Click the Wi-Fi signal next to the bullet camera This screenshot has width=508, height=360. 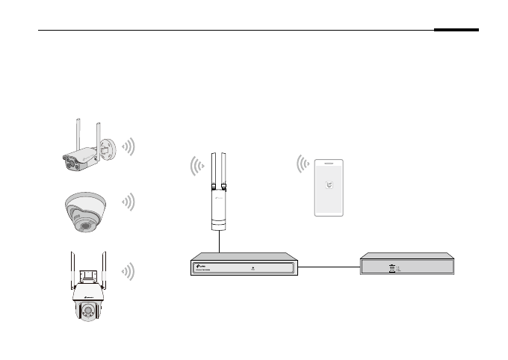pyautogui.click(x=129, y=146)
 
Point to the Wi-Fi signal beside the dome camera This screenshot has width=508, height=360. pyautogui.click(x=129, y=202)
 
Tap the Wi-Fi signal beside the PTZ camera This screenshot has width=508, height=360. pyautogui.click(x=129, y=271)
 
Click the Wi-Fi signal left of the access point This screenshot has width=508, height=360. pyautogui.click(x=196, y=165)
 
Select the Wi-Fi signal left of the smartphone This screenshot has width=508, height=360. pyautogui.click(x=303, y=164)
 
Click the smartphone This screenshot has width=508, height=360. pyautogui.click(x=328, y=187)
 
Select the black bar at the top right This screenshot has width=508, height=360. pyautogui.click(x=456, y=31)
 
